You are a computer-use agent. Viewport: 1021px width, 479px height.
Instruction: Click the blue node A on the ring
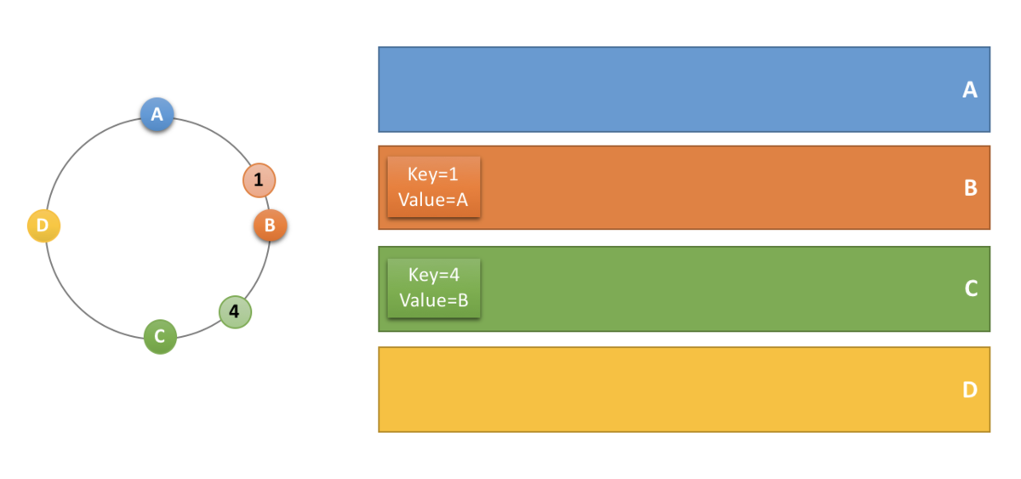click(x=157, y=114)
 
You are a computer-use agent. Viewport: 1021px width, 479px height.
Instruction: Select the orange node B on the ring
click(x=271, y=225)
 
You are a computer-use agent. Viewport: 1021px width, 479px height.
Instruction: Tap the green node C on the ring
click(x=160, y=337)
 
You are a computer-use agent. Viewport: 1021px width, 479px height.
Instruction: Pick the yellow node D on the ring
click(x=43, y=225)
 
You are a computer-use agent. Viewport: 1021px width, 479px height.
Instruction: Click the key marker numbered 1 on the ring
click(x=259, y=180)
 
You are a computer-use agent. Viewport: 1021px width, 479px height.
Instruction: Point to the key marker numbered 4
click(x=235, y=311)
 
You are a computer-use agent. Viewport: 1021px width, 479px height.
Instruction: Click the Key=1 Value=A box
click(x=434, y=187)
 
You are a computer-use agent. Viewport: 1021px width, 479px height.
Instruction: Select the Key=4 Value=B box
click(x=434, y=288)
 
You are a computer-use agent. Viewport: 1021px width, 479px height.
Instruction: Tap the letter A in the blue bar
click(x=969, y=90)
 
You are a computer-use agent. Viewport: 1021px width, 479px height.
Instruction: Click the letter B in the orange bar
click(x=971, y=188)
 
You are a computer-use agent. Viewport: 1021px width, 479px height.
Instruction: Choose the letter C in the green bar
click(x=971, y=288)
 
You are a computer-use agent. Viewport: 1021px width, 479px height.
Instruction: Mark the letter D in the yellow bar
click(x=970, y=390)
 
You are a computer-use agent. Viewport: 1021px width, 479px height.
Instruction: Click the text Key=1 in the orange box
click(x=433, y=174)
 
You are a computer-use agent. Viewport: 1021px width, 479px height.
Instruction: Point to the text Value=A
click(x=433, y=200)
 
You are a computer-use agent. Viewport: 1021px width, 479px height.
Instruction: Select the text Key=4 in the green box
click(x=434, y=275)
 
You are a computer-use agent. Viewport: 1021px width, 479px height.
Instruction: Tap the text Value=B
click(x=434, y=300)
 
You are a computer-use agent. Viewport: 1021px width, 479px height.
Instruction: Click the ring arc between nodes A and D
click(x=77, y=150)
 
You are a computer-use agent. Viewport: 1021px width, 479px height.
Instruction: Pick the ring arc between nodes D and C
click(x=77, y=305)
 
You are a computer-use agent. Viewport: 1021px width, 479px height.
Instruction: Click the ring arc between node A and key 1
click(x=218, y=134)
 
